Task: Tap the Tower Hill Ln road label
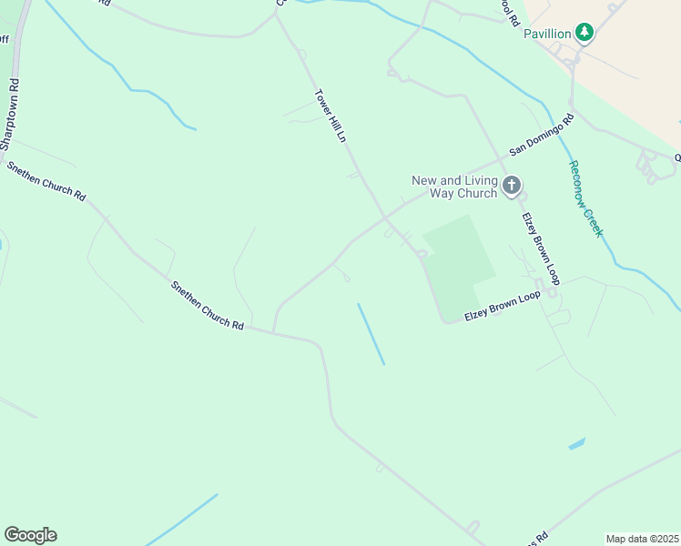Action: pyautogui.click(x=330, y=116)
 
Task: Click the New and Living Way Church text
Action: pyautogui.click(x=454, y=187)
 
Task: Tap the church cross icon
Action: pyautogui.click(x=512, y=187)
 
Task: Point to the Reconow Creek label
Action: pyautogui.click(x=585, y=198)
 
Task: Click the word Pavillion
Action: pyautogui.click(x=546, y=34)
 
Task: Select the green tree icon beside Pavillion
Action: pyautogui.click(x=584, y=34)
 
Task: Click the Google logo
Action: pyautogui.click(x=30, y=535)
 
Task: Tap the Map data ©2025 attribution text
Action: pyautogui.click(x=642, y=539)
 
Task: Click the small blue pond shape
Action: pyautogui.click(x=576, y=444)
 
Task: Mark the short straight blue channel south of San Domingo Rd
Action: pyautogui.click(x=371, y=334)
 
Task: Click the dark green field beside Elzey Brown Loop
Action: pyautogui.click(x=460, y=264)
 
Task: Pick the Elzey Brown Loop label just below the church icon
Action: pyautogui.click(x=540, y=248)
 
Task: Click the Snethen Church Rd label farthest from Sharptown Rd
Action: pyautogui.click(x=208, y=305)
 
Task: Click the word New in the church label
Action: pyautogui.click(x=424, y=180)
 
